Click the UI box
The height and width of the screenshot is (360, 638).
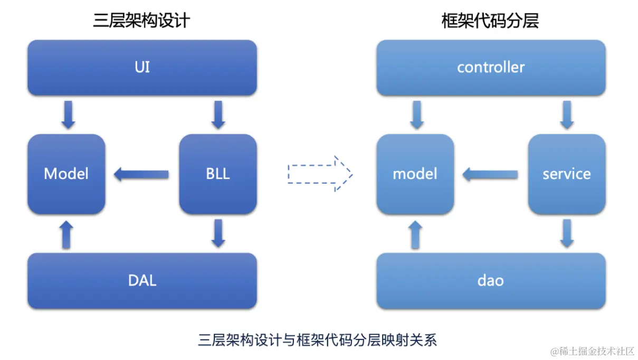coord(142,68)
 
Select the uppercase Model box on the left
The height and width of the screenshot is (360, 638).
coord(66,174)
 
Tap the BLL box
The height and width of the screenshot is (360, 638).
coord(218,174)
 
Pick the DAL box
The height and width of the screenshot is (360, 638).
coord(142,280)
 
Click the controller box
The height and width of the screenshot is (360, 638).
coord(491,68)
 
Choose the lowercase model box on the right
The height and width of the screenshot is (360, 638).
coord(415,174)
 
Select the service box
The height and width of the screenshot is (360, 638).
coord(567,174)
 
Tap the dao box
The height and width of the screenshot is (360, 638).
coord(491,280)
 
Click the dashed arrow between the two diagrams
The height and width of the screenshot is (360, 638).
coord(320,174)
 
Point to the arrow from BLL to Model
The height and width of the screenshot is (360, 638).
coord(141,174)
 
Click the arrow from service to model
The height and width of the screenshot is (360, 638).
coord(490,174)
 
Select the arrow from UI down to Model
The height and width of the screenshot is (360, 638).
coord(69,115)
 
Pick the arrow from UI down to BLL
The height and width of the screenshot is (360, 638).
coord(218,115)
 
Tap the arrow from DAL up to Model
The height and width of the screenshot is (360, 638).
coord(66,235)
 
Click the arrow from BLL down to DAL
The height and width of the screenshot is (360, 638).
coord(218,233)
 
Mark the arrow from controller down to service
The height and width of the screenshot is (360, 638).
coord(567,115)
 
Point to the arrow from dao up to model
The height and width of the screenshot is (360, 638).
coord(415,235)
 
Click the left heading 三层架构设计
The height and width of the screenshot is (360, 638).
coord(141,21)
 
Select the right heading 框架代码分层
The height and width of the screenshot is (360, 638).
coord(490,21)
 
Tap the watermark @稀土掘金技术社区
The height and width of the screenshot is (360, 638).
coord(593,352)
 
